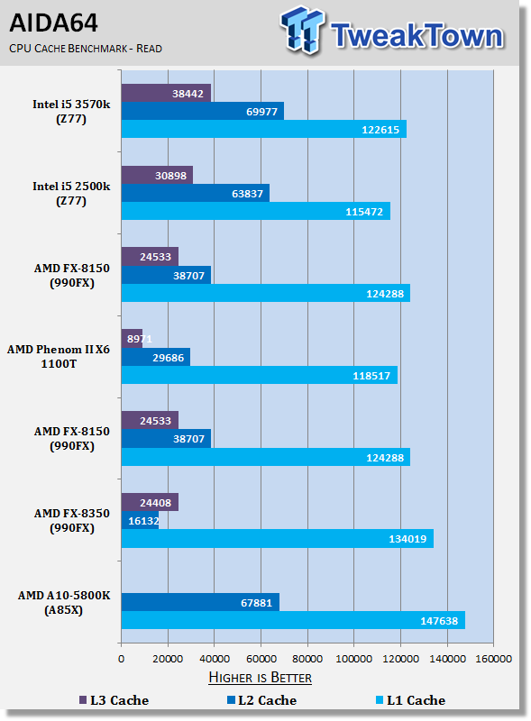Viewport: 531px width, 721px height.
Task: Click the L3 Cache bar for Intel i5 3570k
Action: coord(166,93)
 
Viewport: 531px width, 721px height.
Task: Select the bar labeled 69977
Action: coord(203,111)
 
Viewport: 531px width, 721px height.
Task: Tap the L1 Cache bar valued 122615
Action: coord(264,129)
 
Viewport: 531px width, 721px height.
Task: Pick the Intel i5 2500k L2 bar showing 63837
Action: coord(196,193)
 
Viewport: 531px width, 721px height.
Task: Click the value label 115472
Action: coord(364,212)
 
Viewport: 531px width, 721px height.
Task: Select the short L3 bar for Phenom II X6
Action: coord(132,339)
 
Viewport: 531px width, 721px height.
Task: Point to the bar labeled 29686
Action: coord(156,357)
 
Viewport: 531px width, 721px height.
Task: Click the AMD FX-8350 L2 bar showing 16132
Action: coord(141,520)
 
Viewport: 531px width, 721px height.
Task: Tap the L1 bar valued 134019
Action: coord(278,538)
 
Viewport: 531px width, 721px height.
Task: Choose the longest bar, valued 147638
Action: coord(293,620)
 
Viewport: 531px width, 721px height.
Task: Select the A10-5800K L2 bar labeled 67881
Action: coord(200,602)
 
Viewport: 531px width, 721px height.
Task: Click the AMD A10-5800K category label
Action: coord(64,602)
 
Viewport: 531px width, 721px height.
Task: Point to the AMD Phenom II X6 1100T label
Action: coord(59,356)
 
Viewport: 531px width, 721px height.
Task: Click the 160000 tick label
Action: coord(493,659)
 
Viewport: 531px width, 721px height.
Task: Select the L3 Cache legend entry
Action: coord(114,700)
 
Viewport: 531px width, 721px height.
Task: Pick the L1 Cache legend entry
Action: coord(411,700)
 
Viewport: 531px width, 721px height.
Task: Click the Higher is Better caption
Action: coord(260,678)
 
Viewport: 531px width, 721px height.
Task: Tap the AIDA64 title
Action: coord(53,23)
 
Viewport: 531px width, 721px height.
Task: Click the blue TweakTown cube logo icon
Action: coord(302,30)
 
